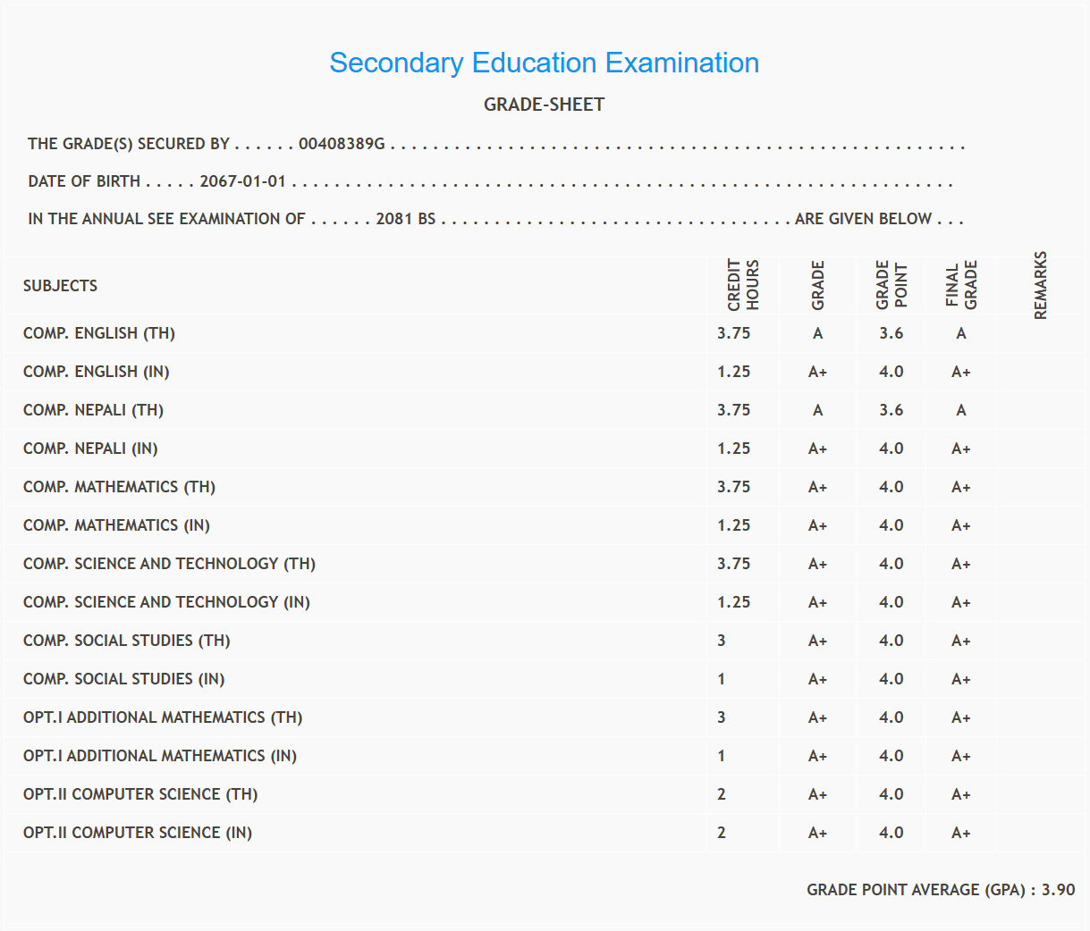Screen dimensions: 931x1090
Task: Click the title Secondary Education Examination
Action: [544, 63]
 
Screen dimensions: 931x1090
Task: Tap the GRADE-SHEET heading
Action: [544, 105]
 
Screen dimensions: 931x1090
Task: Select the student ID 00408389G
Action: [342, 144]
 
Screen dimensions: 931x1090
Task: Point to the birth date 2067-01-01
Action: [242, 181]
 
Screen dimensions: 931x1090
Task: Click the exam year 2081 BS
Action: [405, 219]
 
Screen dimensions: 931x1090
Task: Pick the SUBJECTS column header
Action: [60, 286]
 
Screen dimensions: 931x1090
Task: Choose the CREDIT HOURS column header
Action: [742, 286]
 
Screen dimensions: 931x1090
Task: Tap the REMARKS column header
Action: [1040, 286]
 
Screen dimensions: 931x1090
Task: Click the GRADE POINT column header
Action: [891, 286]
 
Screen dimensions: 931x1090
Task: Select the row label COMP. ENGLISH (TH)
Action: [99, 333]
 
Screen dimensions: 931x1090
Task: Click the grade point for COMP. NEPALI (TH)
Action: [891, 410]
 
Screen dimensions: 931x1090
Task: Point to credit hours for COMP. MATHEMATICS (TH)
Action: [733, 487]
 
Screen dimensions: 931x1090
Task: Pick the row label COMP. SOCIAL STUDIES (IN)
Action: [123, 679]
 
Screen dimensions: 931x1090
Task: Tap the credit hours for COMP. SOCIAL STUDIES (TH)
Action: [722, 641]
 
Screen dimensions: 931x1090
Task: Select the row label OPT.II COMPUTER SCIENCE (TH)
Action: [140, 794]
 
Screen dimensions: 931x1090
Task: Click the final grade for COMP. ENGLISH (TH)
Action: [960, 333]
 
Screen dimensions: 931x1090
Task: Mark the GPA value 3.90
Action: [1058, 890]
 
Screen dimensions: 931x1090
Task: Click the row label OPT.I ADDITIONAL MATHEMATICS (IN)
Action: [160, 756]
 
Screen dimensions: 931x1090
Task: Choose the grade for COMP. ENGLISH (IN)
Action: [817, 372]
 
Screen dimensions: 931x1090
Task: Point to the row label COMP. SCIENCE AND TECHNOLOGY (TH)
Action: [169, 564]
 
